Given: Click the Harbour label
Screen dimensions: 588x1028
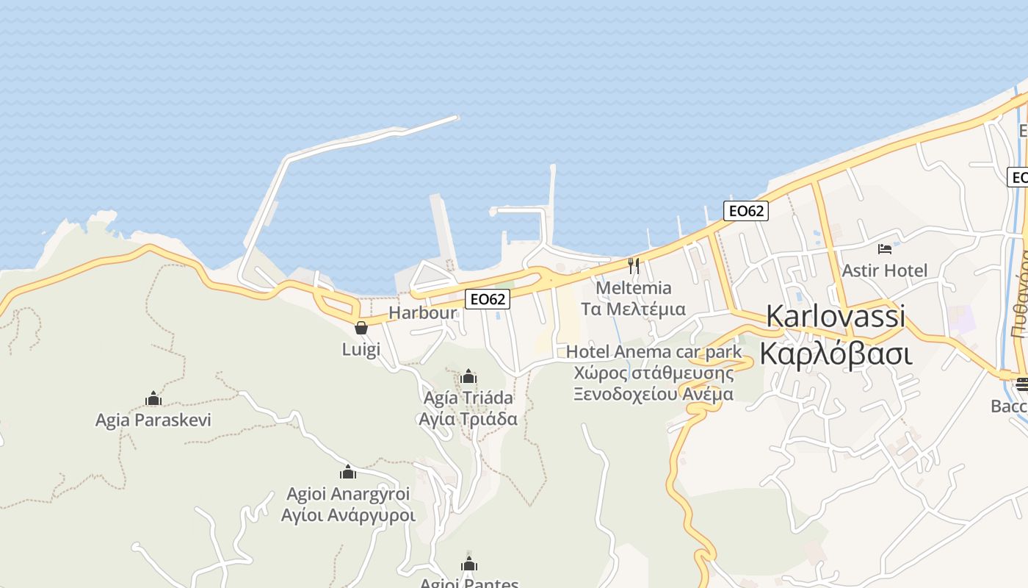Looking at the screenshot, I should pos(422,313).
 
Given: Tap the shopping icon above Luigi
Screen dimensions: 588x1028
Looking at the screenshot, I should pos(361,328).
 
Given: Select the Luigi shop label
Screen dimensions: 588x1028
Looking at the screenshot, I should pos(361,349).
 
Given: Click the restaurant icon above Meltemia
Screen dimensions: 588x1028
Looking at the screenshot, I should pos(633,265).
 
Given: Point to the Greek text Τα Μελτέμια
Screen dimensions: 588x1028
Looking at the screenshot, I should pos(633,309).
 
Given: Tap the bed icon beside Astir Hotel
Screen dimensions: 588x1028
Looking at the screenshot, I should pos(885,249).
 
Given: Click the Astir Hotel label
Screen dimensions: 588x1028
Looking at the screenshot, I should pos(885,270).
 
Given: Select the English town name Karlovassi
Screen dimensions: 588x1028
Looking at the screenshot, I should pos(836,316).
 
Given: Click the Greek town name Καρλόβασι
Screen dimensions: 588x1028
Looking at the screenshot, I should pos(836,354).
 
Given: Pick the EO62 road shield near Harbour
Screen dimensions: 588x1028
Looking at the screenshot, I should pos(488,299).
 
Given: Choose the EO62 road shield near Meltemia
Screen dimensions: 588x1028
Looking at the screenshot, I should pos(745,211).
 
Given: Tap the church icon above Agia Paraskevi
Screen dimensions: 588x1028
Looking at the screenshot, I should pos(153,399).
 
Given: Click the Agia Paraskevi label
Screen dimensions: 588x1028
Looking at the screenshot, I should pos(153,420).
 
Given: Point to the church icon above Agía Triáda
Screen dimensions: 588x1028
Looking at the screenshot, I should pos(468,378).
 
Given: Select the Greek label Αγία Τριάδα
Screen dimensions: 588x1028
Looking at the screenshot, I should pos(468,420).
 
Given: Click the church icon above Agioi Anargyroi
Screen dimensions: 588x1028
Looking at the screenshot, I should pos(348,473).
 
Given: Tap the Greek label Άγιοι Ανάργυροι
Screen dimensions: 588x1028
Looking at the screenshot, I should pos(348,515).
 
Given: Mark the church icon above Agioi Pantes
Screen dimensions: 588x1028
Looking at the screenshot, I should pos(469,564).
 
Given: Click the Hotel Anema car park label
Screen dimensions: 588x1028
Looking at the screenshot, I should pos(654,352).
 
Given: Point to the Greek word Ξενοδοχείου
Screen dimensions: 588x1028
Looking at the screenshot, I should pos(618,394).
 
